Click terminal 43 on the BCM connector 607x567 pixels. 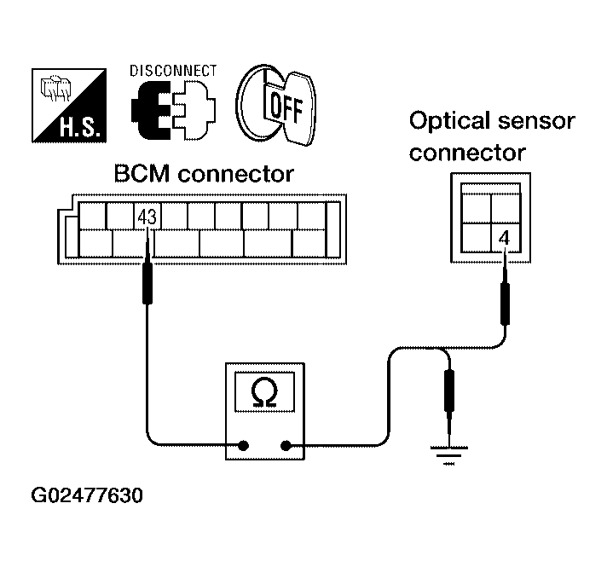[x=147, y=217]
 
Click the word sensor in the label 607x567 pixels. [x=538, y=121]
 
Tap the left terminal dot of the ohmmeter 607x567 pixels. [x=244, y=445]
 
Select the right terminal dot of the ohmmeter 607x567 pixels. [x=286, y=445]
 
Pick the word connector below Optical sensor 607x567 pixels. [x=467, y=153]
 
